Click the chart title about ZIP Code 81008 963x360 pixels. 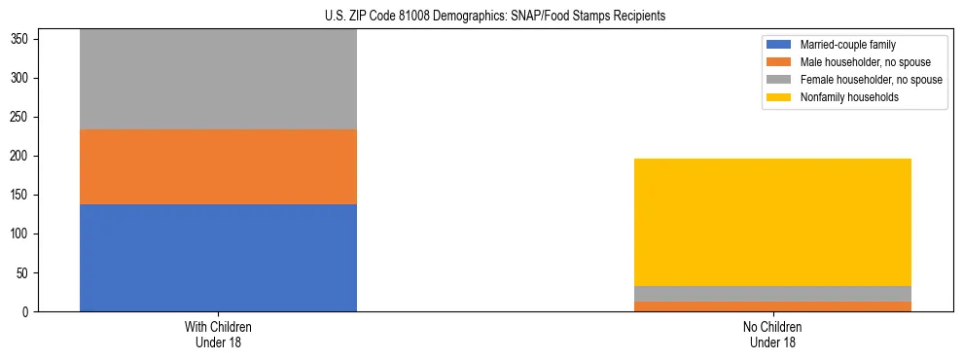point(495,17)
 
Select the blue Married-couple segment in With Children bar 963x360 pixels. point(218,258)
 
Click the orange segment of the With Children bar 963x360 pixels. point(218,166)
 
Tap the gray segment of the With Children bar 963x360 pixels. point(218,80)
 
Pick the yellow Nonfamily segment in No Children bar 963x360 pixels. point(772,222)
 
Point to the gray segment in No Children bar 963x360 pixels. point(772,294)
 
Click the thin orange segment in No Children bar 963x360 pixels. point(772,306)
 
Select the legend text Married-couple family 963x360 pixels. point(846,45)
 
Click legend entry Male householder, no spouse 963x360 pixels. point(858,62)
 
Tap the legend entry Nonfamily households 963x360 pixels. point(843,97)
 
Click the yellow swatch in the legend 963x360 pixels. point(779,97)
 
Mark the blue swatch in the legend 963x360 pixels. point(779,45)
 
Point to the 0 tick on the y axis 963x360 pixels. point(28,312)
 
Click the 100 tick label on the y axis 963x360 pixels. point(22,234)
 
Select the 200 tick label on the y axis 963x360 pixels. point(22,156)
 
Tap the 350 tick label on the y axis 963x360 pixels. point(22,39)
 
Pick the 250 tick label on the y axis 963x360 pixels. point(22,117)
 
